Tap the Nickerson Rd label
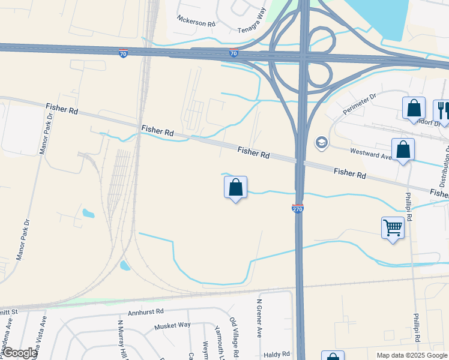(x=195, y=20)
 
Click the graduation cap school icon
(x=321, y=142)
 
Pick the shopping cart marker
(x=393, y=228)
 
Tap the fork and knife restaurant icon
(x=442, y=109)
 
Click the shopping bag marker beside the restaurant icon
(x=414, y=109)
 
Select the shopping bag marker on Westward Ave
(x=403, y=150)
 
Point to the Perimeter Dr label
(x=359, y=104)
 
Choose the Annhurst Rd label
(x=146, y=312)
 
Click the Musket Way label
(x=172, y=325)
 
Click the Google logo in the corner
(x=20, y=353)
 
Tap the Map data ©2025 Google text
(x=412, y=355)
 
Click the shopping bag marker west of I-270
(x=235, y=188)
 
